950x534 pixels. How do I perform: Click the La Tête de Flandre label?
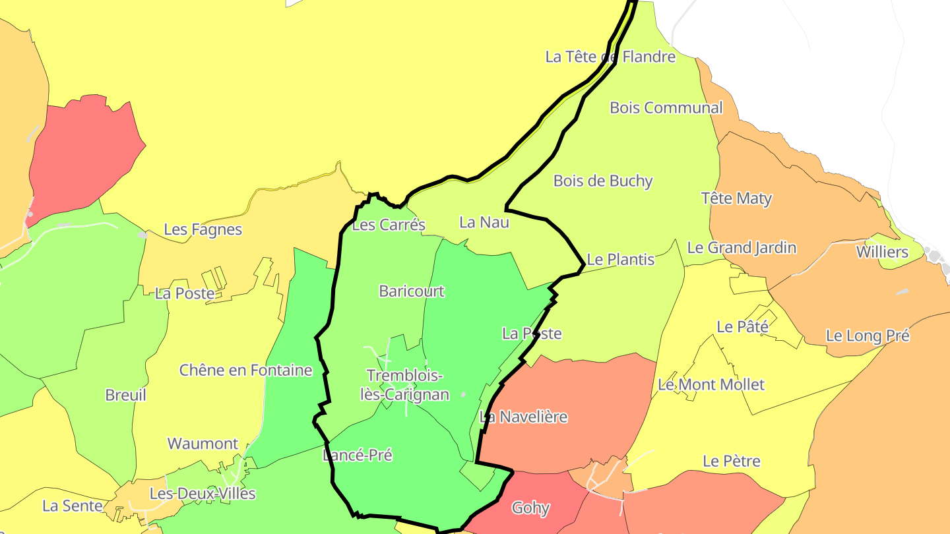click(x=610, y=57)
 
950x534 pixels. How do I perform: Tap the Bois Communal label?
click(x=666, y=107)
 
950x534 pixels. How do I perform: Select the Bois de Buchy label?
click(x=602, y=181)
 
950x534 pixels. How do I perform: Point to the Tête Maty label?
click(x=736, y=198)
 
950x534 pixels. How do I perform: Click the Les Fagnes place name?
click(x=203, y=230)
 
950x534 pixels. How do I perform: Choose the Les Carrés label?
click(x=389, y=225)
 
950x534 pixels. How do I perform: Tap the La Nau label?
click(x=484, y=223)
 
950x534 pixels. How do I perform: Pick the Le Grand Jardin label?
click(x=742, y=248)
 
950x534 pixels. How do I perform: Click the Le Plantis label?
click(x=620, y=260)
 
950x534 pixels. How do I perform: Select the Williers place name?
click(x=881, y=252)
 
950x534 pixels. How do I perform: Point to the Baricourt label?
click(x=412, y=291)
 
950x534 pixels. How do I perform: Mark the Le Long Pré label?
click(x=868, y=336)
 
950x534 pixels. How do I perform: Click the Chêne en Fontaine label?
click(x=245, y=371)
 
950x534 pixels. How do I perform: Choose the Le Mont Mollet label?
click(x=711, y=384)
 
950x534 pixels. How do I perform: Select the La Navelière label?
click(x=523, y=417)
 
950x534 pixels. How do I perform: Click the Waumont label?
click(x=203, y=444)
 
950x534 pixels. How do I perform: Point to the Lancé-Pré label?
click(x=358, y=456)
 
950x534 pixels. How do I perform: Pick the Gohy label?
click(x=530, y=508)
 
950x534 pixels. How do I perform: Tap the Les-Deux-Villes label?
click(x=202, y=494)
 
